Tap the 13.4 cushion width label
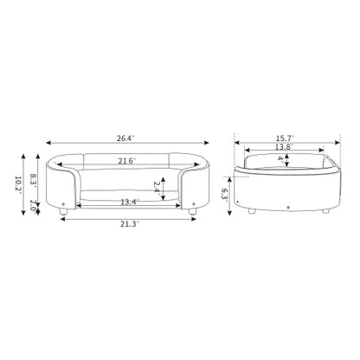pyautogui.click(x=131, y=202)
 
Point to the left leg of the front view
pyautogui.click(x=65, y=210)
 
